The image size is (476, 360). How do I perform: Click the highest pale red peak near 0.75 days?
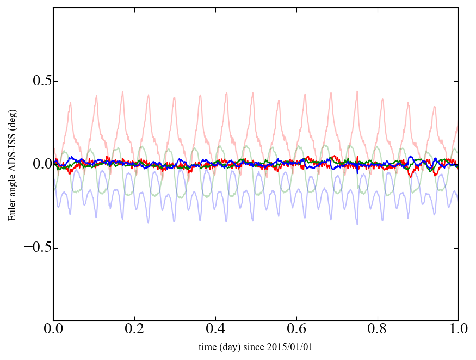357,91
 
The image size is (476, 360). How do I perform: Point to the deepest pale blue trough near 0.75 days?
357,224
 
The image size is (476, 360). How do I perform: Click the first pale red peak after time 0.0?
70,102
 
